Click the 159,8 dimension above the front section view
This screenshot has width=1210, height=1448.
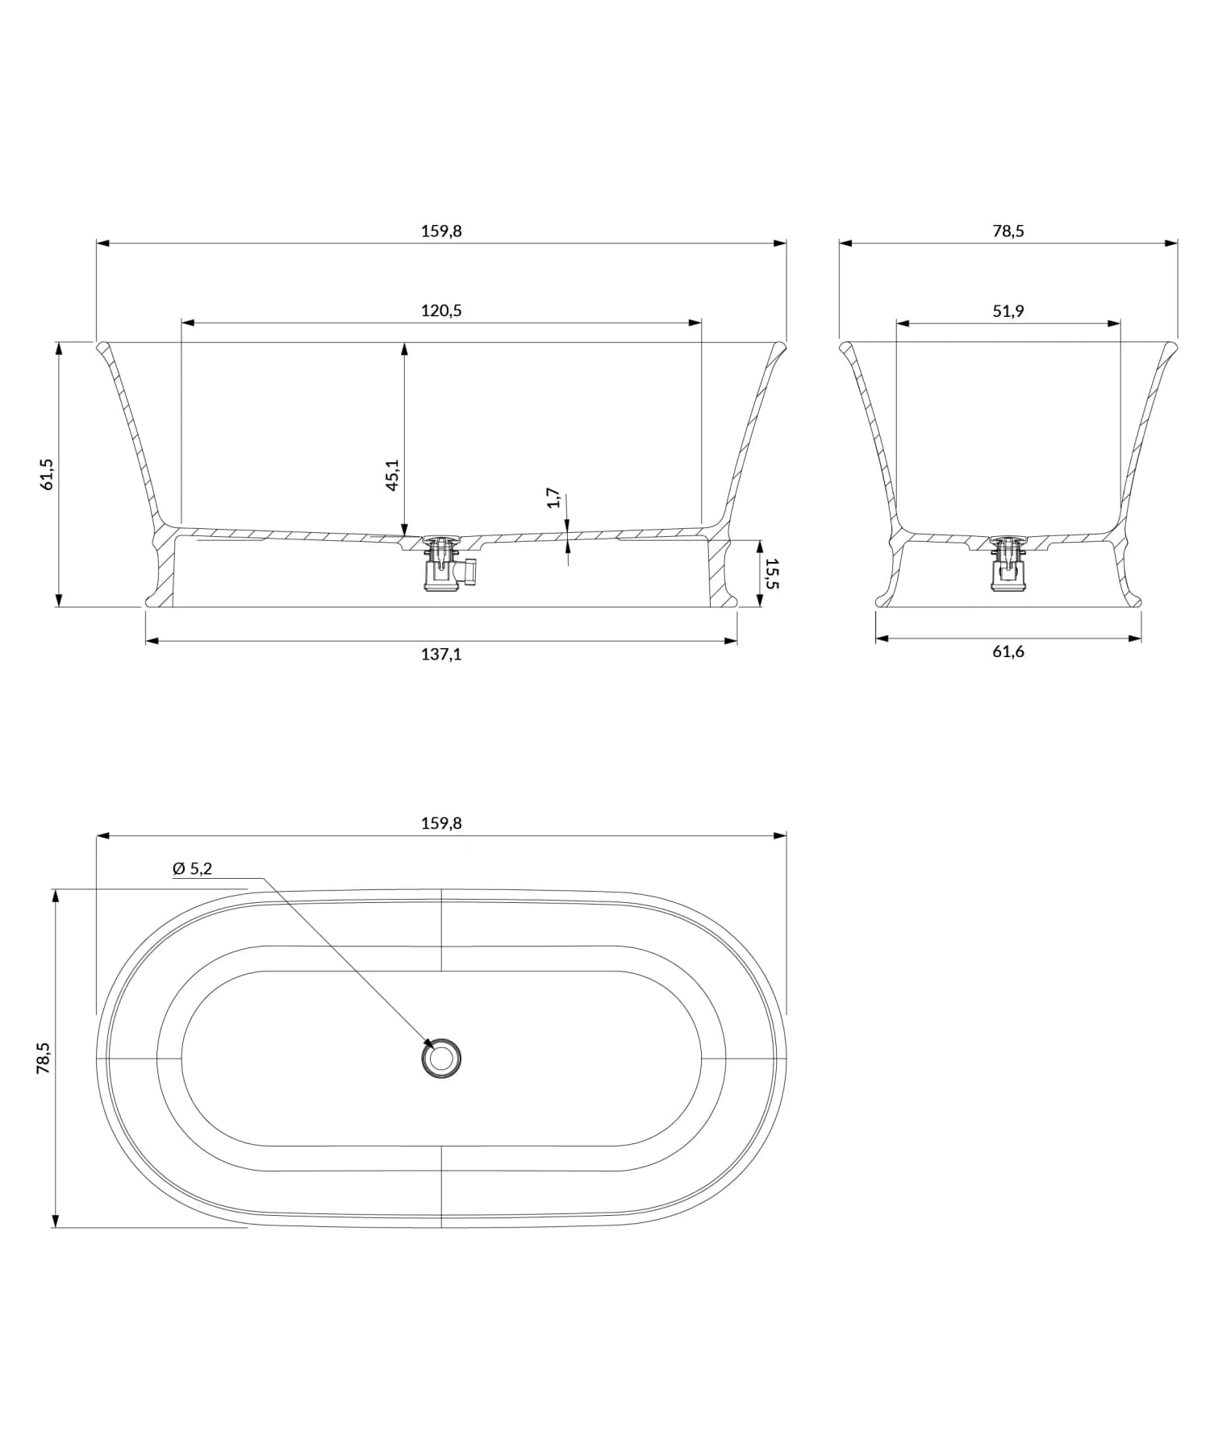point(441,231)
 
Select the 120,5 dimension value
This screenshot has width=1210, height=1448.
point(441,311)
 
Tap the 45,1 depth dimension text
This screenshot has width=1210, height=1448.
point(392,475)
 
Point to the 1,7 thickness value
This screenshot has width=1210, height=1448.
point(553,497)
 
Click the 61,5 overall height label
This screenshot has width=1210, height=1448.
point(47,474)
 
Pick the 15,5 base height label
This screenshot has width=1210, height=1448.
point(772,573)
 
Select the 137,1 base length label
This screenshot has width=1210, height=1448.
point(441,654)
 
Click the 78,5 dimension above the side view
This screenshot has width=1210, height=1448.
point(1008,231)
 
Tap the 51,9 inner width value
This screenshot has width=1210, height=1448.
point(1008,311)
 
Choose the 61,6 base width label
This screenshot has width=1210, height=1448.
point(1008,651)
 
